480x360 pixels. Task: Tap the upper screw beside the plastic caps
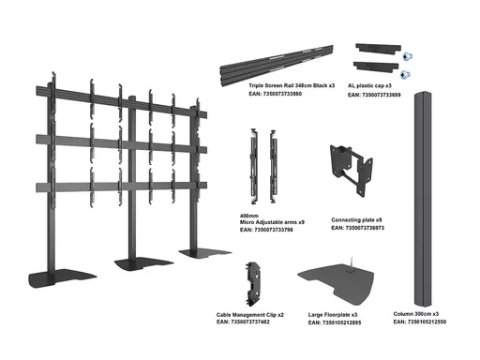pyautogui.click(x=407, y=56)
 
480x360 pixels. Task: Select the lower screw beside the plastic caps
pyautogui.click(x=405, y=75)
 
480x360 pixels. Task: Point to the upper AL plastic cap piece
pyautogui.click(x=378, y=49)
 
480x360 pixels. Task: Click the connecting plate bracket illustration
pyautogui.click(x=352, y=169)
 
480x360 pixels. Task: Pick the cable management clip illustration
pyautogui.click(x=254, y=284)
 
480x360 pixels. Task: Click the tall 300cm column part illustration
pyautogui.click(x=424, y=200)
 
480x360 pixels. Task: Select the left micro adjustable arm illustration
pyautogui.click(x=253, y=166)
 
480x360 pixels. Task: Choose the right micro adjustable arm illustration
pyautogui.click(x=274, y=166)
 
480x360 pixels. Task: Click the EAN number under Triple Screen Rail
pyautogui.click(x=276, y=94)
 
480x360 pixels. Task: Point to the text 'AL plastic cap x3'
pyautogui.click(x=369, y=85)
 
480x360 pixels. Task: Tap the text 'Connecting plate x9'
pyautogui.click(x=356, y=220)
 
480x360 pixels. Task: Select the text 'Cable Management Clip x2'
pyautogui.click(x=250, y=315)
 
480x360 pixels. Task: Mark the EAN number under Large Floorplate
pyautogui.click(x=335, y=322)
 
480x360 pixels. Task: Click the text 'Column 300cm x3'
pyautogui.click(x=416, y=314)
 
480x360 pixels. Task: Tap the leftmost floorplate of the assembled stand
pyautogui.click(x=62, y=278)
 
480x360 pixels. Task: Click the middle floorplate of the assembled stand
pyautogui.click(x=143, y=265)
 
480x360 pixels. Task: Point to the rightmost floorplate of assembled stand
pyautogui.click(x=205, y=253)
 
